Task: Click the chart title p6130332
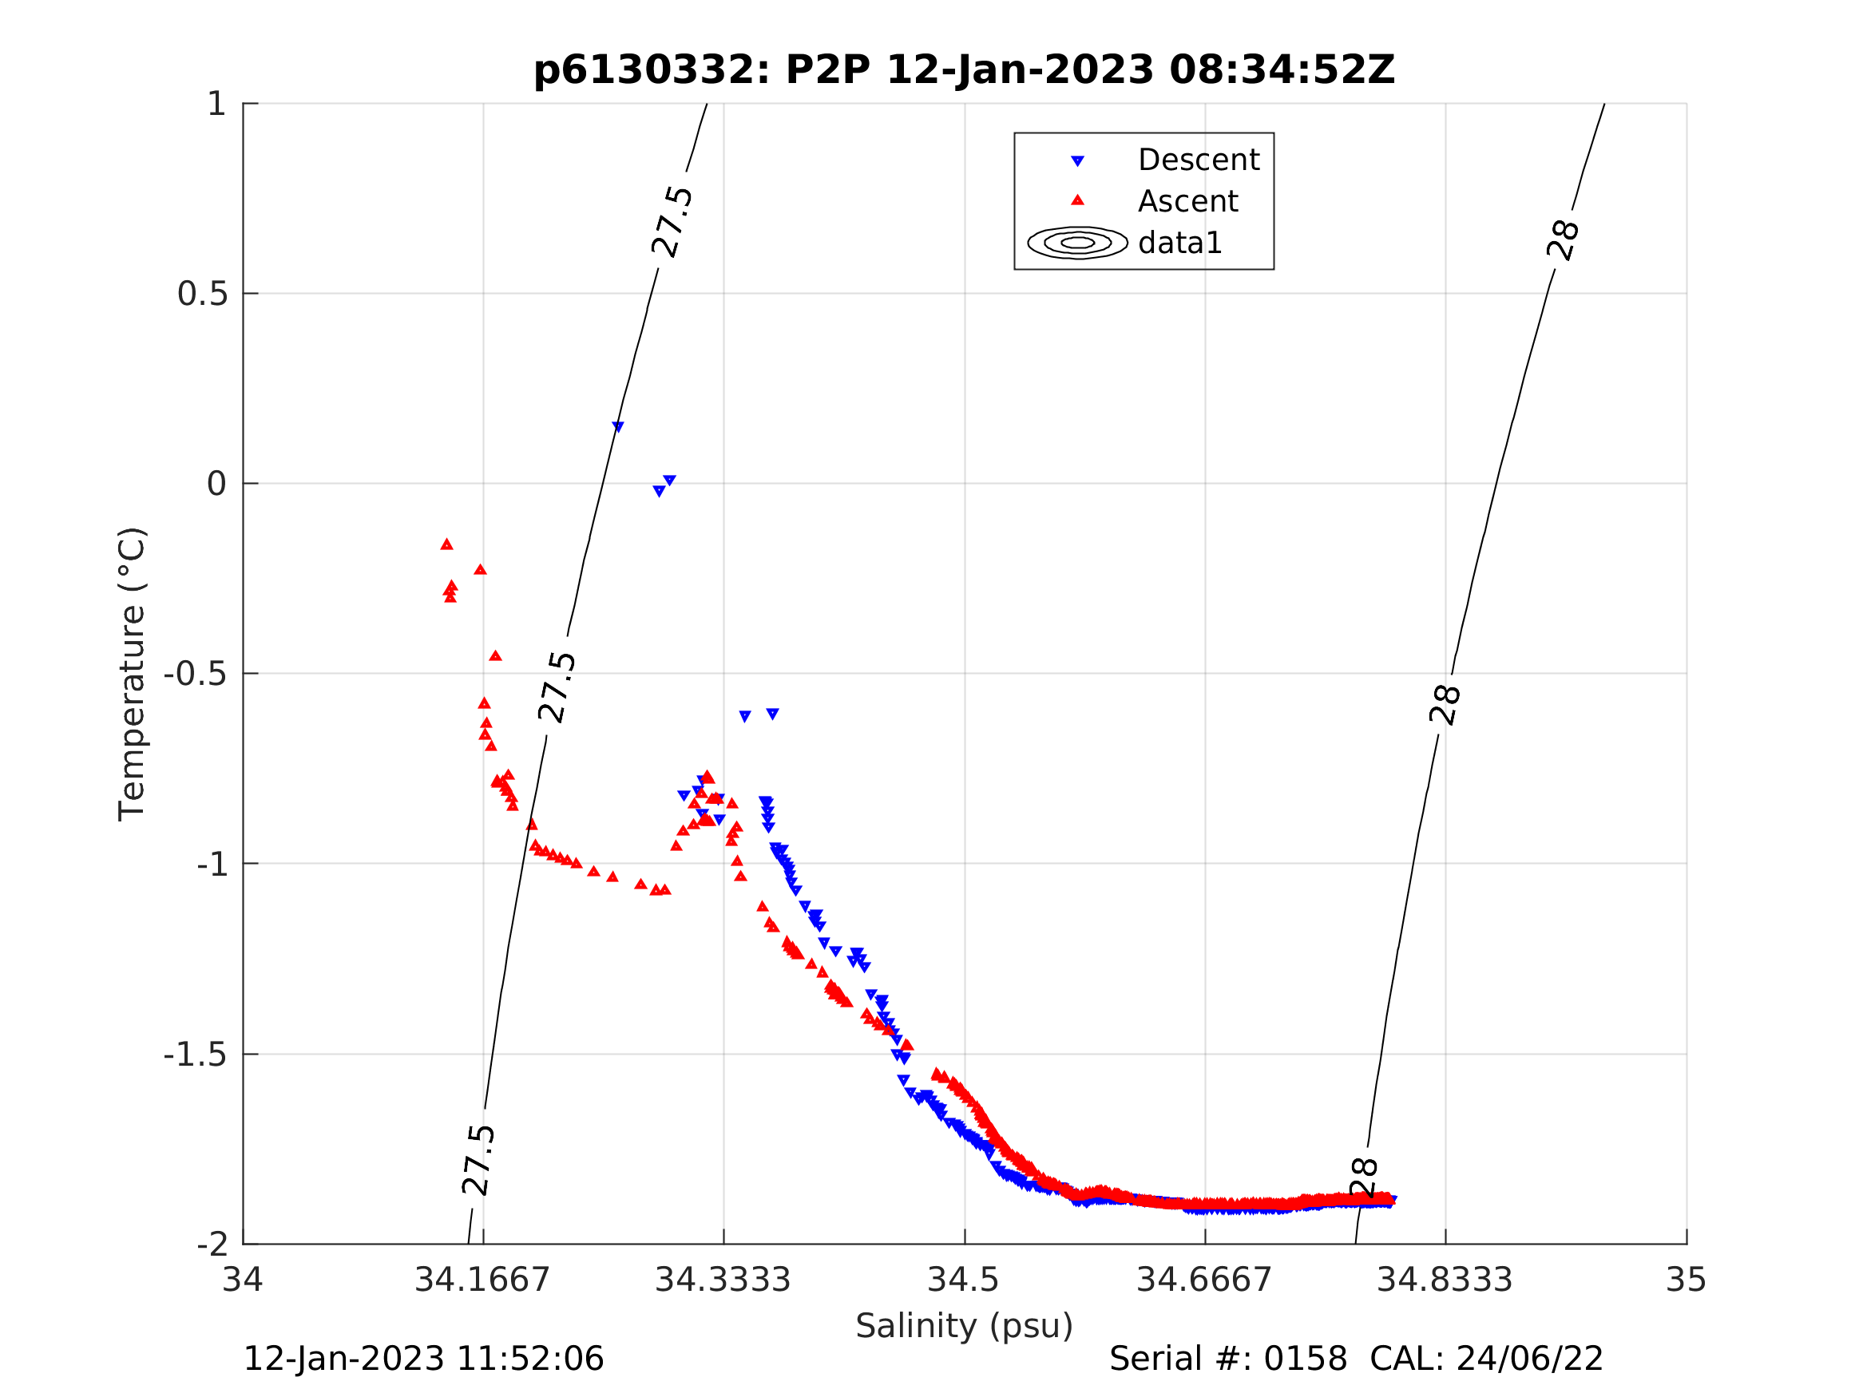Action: (x=964, y=70)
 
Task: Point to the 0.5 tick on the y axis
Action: (x=202, y=294)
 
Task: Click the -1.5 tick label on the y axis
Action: (x=195, y=1055)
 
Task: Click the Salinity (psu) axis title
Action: (x=964, y=1326)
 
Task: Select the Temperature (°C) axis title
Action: (x=133, y=674)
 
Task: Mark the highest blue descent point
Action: (x=618, y=428)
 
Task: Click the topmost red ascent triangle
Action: (x=446, y=544)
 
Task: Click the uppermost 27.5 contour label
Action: (x=672, y=221)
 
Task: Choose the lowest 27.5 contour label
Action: (x=478, y=1161)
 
